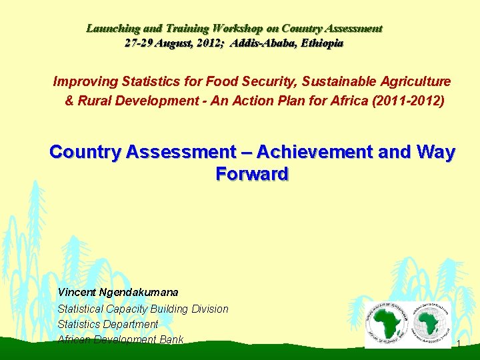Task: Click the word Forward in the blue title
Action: click(x=252, y=174)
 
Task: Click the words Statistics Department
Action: click(x=108, y=324)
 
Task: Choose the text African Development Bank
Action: click(x=121, y=339)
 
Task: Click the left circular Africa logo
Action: click(x=386, y=323)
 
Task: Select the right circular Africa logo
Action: click(x=431, y=323)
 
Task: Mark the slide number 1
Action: click(x=459, y=343)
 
